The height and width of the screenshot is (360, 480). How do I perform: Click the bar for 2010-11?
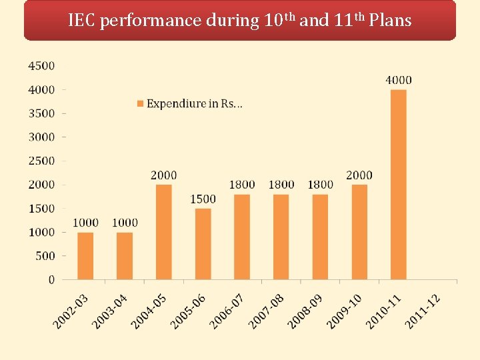click(398, 185)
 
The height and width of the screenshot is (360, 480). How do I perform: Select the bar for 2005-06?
click(203, 244)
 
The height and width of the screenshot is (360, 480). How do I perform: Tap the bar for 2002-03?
click(85, 256)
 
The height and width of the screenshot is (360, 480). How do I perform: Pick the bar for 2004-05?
click(163, 232)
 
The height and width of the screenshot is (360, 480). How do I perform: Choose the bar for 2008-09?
click(320, 237)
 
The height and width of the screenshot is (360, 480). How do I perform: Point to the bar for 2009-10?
click(359, 232)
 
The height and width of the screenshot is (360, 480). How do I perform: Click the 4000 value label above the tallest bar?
click(399, 80)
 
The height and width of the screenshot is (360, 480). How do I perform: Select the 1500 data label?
click(203, 199)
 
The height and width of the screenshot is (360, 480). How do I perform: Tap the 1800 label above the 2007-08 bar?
click(281, 185)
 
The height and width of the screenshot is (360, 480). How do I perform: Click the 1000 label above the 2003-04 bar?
click(125, 223)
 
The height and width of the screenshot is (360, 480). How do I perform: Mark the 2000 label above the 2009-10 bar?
click(359, 175)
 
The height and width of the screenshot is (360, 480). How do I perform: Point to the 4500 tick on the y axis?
click(41, 65)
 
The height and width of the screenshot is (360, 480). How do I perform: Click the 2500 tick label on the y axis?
click(41, 161)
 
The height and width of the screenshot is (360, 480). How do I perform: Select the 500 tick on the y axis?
click(45, 256)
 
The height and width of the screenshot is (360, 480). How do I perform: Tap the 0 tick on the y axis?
click(51, 280)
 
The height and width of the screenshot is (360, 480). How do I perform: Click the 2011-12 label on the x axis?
click(423, 311)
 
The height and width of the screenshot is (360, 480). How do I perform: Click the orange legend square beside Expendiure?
click(140, 104)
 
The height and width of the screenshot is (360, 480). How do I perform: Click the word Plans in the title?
click(390, 20)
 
